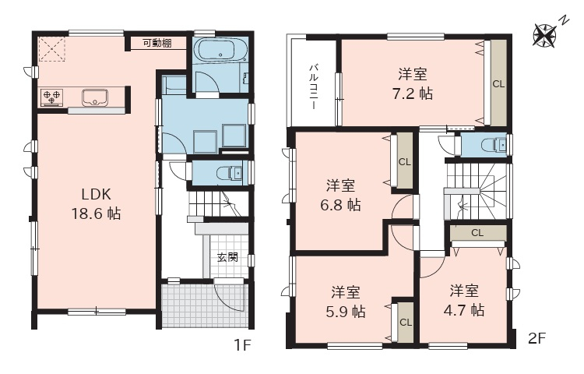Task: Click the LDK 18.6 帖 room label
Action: [x=96, y=204]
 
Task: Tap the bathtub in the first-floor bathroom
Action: [x=222, y=50]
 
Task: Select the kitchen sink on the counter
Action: [x=95, y=97]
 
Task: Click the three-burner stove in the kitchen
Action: [x=52, y=97]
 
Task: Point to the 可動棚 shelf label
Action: [x=157, y=43]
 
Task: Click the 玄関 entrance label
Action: [x=227, y=257]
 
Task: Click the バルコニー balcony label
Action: [x=314, y=87]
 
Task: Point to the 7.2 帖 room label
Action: [x=413, y=84]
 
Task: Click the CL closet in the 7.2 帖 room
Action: [x=498, y=84]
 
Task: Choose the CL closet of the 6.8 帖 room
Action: [x=405, y=162]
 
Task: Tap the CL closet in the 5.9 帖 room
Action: [x=406, y=323]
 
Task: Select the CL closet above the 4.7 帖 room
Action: [x=478, y=233]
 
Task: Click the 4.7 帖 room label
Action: [x=464, y=300]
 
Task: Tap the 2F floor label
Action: [x=537, y=338]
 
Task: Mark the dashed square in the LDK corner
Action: [x=52, y=48]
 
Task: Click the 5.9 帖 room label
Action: [x=345, y=302]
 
